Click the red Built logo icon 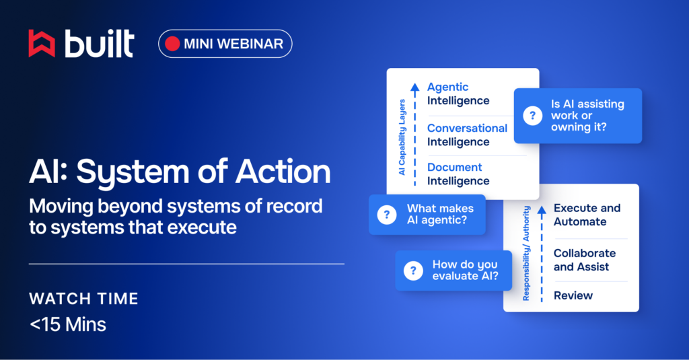[42, 44]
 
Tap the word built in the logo [100, 44]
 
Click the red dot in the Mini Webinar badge [172, 44]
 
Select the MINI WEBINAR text [233, 44]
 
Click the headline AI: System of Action [180, 172]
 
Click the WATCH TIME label [83, 299]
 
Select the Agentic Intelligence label [458, 94]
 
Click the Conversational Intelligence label [467, 135]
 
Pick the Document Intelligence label [458, 174]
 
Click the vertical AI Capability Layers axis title [402, 137]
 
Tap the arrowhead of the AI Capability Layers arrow [414, 87]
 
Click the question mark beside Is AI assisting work [533, 116]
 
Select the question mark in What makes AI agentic [387, 215]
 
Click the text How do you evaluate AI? [466, 270]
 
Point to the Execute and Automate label [587, 215]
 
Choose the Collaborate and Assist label [585, 260]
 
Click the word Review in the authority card [573, 295]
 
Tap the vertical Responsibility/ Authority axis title [526, 253]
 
